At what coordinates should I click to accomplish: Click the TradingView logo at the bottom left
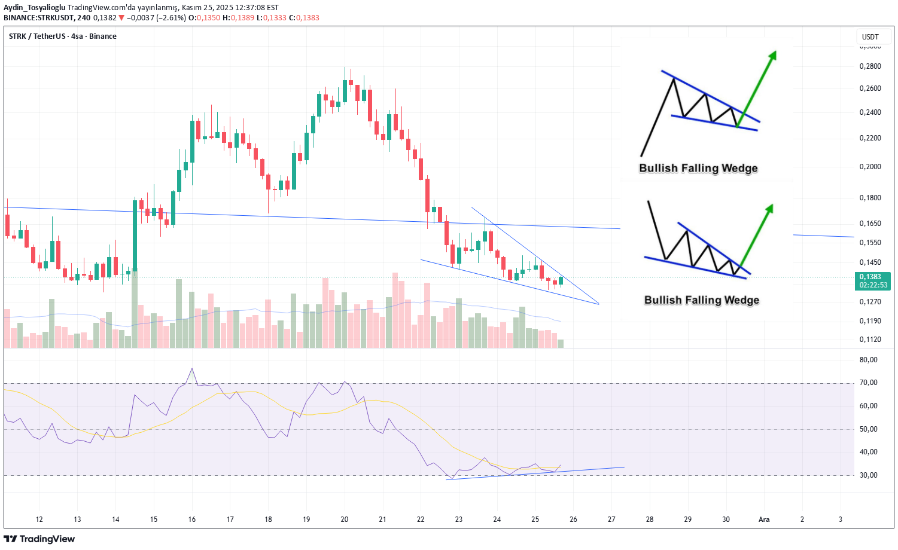click(39, 539)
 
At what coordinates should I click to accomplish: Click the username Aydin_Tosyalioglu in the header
click(35, 8)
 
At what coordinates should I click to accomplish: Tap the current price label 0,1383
click(870, 277)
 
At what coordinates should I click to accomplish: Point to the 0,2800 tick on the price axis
click(870, 66)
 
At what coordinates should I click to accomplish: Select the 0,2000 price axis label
click(870, 167)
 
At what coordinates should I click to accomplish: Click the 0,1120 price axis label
click(870, 340)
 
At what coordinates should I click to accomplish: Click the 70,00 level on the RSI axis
click(869, 383)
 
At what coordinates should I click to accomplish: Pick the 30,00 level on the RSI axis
click(869, 475)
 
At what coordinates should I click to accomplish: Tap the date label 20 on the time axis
click(345, 520)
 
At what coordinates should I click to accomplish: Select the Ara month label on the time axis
click(764, 520)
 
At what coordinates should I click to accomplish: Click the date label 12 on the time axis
click(39, 520)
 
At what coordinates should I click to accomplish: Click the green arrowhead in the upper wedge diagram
click(773, 55)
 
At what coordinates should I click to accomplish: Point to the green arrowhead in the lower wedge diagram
click(769, 208)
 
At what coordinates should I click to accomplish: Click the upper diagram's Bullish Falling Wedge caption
click(698, 169)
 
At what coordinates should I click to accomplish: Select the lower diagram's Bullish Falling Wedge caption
click(701, 300)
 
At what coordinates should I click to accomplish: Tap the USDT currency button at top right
click(870, 37)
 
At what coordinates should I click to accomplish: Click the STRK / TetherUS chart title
click(63, 36)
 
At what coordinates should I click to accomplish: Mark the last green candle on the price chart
click(561, 280)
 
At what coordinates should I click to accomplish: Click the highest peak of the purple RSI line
click(192, 369)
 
